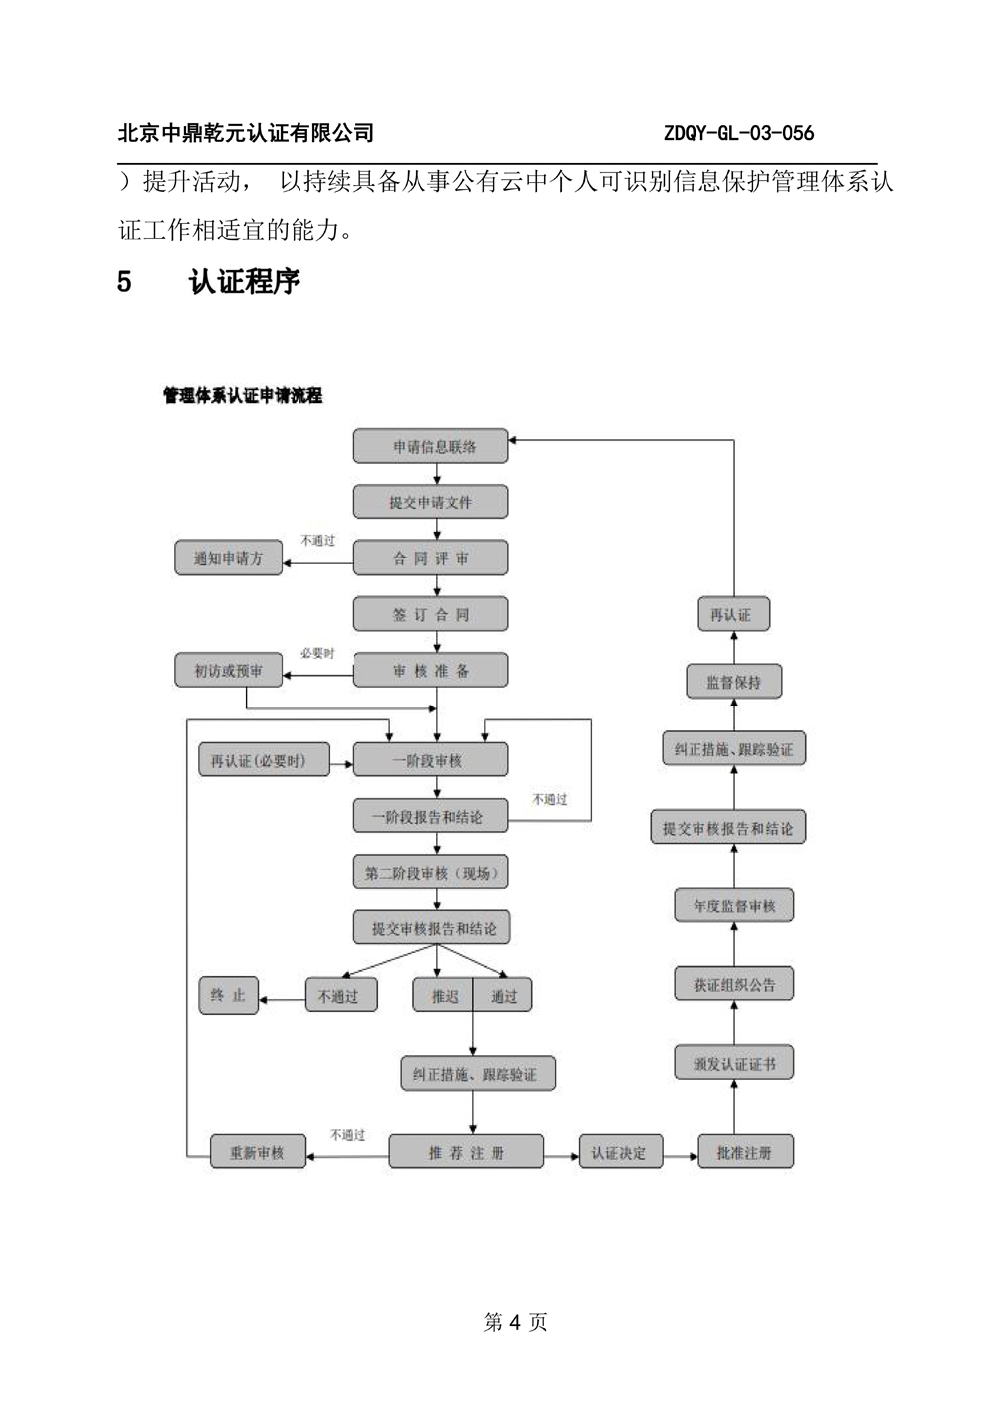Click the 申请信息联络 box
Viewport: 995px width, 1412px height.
pos(431,446)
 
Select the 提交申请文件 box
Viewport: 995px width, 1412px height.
pos(431,502)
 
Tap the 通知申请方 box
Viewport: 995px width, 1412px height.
pos(228,558)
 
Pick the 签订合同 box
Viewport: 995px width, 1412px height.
pos(431,614)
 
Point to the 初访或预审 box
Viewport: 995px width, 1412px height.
pos(228,670)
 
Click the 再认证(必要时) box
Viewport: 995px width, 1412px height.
pos(264,759)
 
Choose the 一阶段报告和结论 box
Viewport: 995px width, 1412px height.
pos(431,816)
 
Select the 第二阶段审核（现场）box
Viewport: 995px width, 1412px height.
pos(431,872)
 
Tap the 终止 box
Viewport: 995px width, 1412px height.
pos(228,996)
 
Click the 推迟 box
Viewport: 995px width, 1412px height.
pos(443,995)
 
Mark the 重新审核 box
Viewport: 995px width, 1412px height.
pos(258,1152)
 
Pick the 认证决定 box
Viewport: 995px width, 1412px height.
pos(621,1152)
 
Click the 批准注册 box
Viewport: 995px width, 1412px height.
pos(745,1152)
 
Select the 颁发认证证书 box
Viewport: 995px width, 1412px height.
pos(733,1063)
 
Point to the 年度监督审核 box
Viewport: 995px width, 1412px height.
pos(733,906)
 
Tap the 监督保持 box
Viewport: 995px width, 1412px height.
pos(733,681)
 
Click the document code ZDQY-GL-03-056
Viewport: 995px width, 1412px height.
pos(738,133)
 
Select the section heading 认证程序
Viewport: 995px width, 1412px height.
pos(245,282)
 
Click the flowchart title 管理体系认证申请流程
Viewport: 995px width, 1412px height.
pos(243,395)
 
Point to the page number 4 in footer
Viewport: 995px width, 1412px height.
pos(515,1322)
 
